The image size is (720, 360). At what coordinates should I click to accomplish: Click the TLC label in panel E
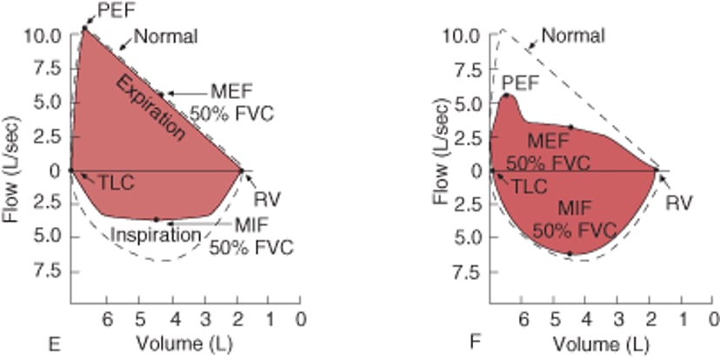pos(115,185)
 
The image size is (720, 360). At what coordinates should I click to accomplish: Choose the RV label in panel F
pos(678,203)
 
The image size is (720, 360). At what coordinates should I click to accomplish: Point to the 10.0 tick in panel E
pos(42,36)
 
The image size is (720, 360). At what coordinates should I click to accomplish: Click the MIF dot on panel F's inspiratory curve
pos(570,253)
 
